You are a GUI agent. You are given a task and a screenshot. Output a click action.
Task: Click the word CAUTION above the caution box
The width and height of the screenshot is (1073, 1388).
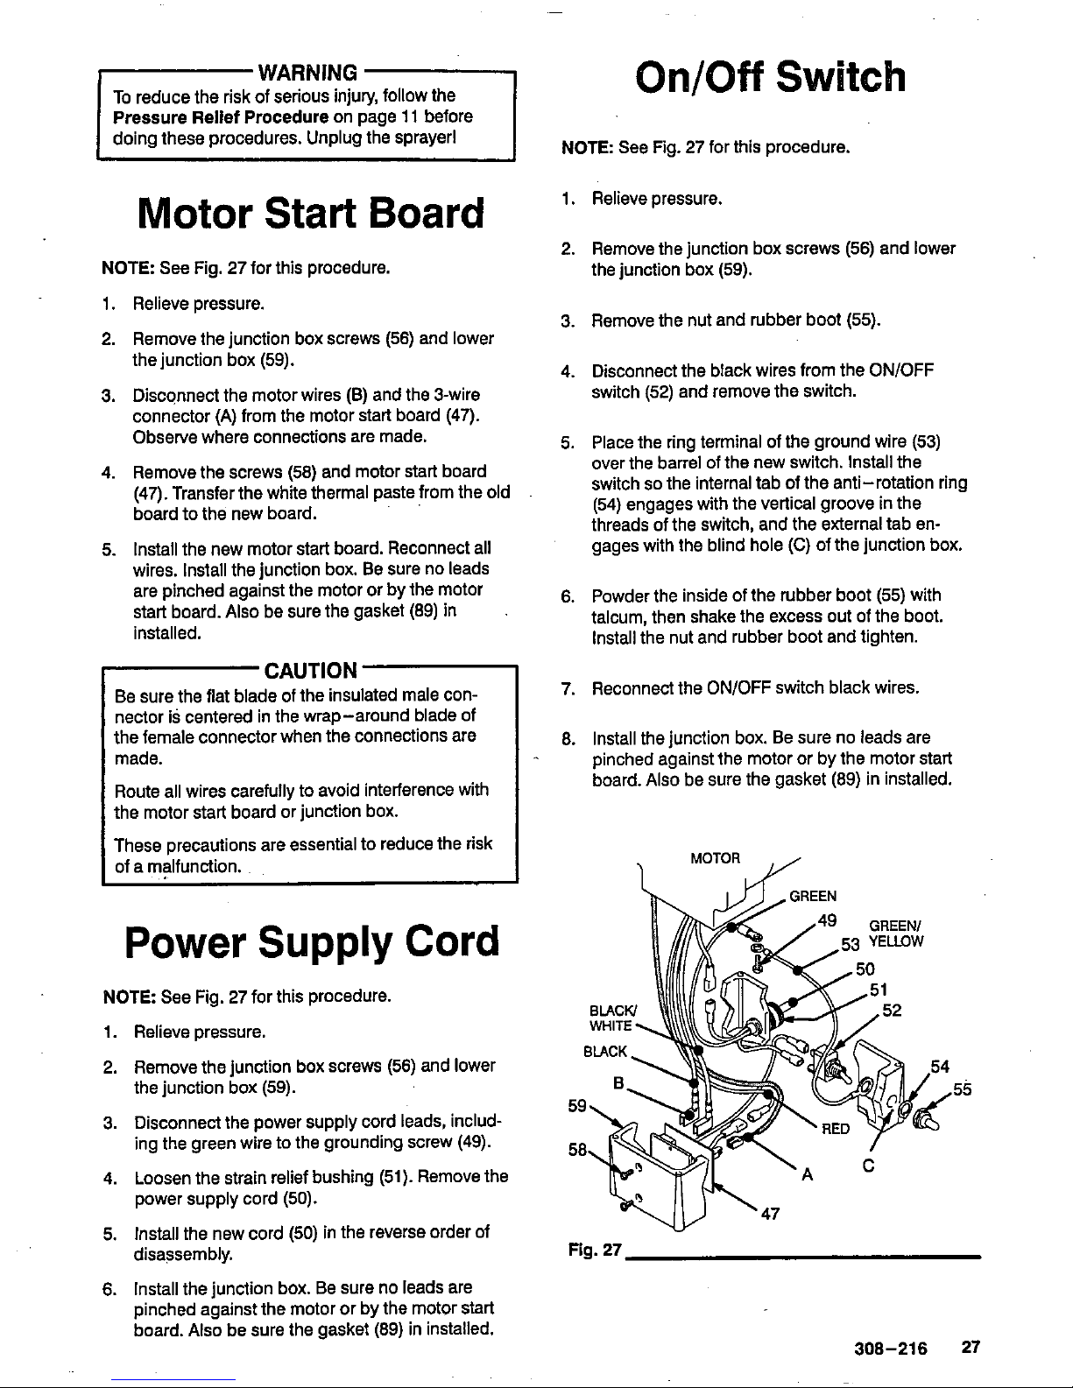311,672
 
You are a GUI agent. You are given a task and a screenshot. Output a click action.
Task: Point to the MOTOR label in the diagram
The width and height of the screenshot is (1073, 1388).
716,857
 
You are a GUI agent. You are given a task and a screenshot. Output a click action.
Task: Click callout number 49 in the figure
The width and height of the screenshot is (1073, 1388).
826,919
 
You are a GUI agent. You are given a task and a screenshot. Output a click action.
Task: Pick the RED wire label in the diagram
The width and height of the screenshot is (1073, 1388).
836,1129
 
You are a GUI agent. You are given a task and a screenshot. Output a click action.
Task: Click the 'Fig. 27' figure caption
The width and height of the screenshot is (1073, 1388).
594,1254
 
